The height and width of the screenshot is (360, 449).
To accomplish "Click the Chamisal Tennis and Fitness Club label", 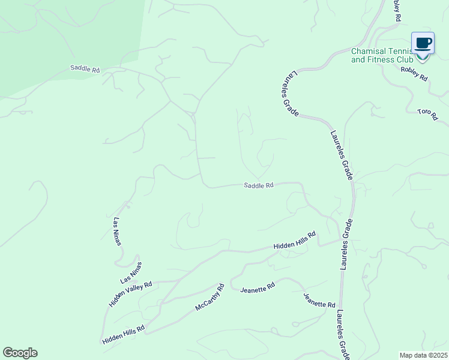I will pos(382,56).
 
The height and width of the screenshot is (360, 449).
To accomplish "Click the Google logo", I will pos(20,353).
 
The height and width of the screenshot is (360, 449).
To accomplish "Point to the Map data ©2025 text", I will pos(423,355).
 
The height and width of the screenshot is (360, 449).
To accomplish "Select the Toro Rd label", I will pos(427,114).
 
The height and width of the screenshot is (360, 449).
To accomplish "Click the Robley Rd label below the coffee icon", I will pos(414,74).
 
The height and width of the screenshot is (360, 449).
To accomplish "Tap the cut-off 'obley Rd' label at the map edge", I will pos(396,11).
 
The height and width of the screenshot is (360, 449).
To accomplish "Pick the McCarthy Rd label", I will pos(209,298).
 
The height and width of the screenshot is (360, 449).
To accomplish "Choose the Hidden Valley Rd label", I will pos(131,294).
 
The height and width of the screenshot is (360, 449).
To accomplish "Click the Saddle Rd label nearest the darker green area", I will pos(85,69).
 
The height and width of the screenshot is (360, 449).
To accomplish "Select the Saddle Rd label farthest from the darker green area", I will pos(259,185).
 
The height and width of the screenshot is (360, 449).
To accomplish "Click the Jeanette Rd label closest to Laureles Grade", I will pos(319,301).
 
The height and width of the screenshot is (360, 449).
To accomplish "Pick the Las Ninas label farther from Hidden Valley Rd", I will pos(117,232).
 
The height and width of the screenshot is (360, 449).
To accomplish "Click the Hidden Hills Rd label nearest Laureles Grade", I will pos(295,241).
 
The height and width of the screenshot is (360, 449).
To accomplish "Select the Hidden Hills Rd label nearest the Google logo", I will pos(124,335).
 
